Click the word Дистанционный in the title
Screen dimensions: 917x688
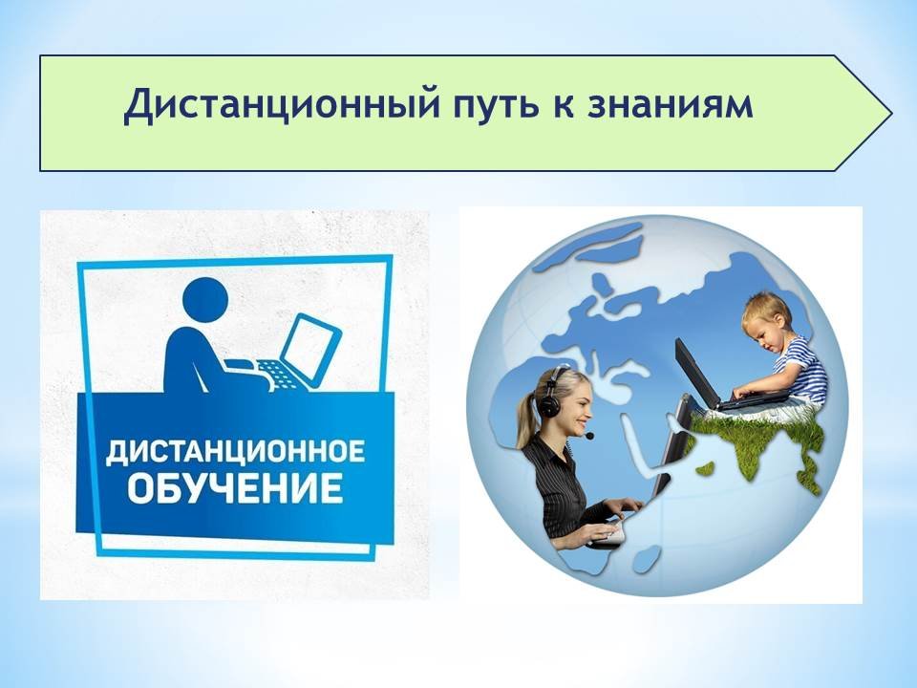point(280,105)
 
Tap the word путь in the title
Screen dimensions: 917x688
point(498,106)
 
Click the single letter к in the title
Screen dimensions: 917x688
point(564,106)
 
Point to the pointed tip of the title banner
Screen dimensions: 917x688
point(890,113)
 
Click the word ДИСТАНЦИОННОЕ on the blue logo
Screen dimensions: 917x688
point(235,453)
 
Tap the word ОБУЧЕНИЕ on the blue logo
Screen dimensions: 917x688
point(235,488)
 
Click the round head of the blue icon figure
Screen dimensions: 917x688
point(204,300)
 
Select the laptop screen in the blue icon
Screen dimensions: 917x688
point(309,346)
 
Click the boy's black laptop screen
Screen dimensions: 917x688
point(696,374)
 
